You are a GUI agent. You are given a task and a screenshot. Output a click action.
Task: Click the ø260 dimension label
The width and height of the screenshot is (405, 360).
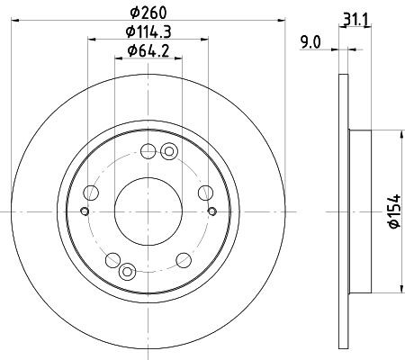147,13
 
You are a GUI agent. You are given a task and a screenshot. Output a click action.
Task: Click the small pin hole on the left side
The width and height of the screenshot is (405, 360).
84,211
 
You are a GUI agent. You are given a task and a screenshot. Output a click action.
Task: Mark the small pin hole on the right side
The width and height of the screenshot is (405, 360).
211,211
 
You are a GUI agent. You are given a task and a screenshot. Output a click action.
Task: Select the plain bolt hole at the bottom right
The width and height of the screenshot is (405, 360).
183,260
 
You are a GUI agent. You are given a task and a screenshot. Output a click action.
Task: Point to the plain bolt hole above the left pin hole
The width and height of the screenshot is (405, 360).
89,192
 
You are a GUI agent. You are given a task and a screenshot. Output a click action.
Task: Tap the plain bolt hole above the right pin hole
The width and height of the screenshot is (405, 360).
205,192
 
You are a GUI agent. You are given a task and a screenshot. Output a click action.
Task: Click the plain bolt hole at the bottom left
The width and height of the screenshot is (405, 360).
112,260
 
